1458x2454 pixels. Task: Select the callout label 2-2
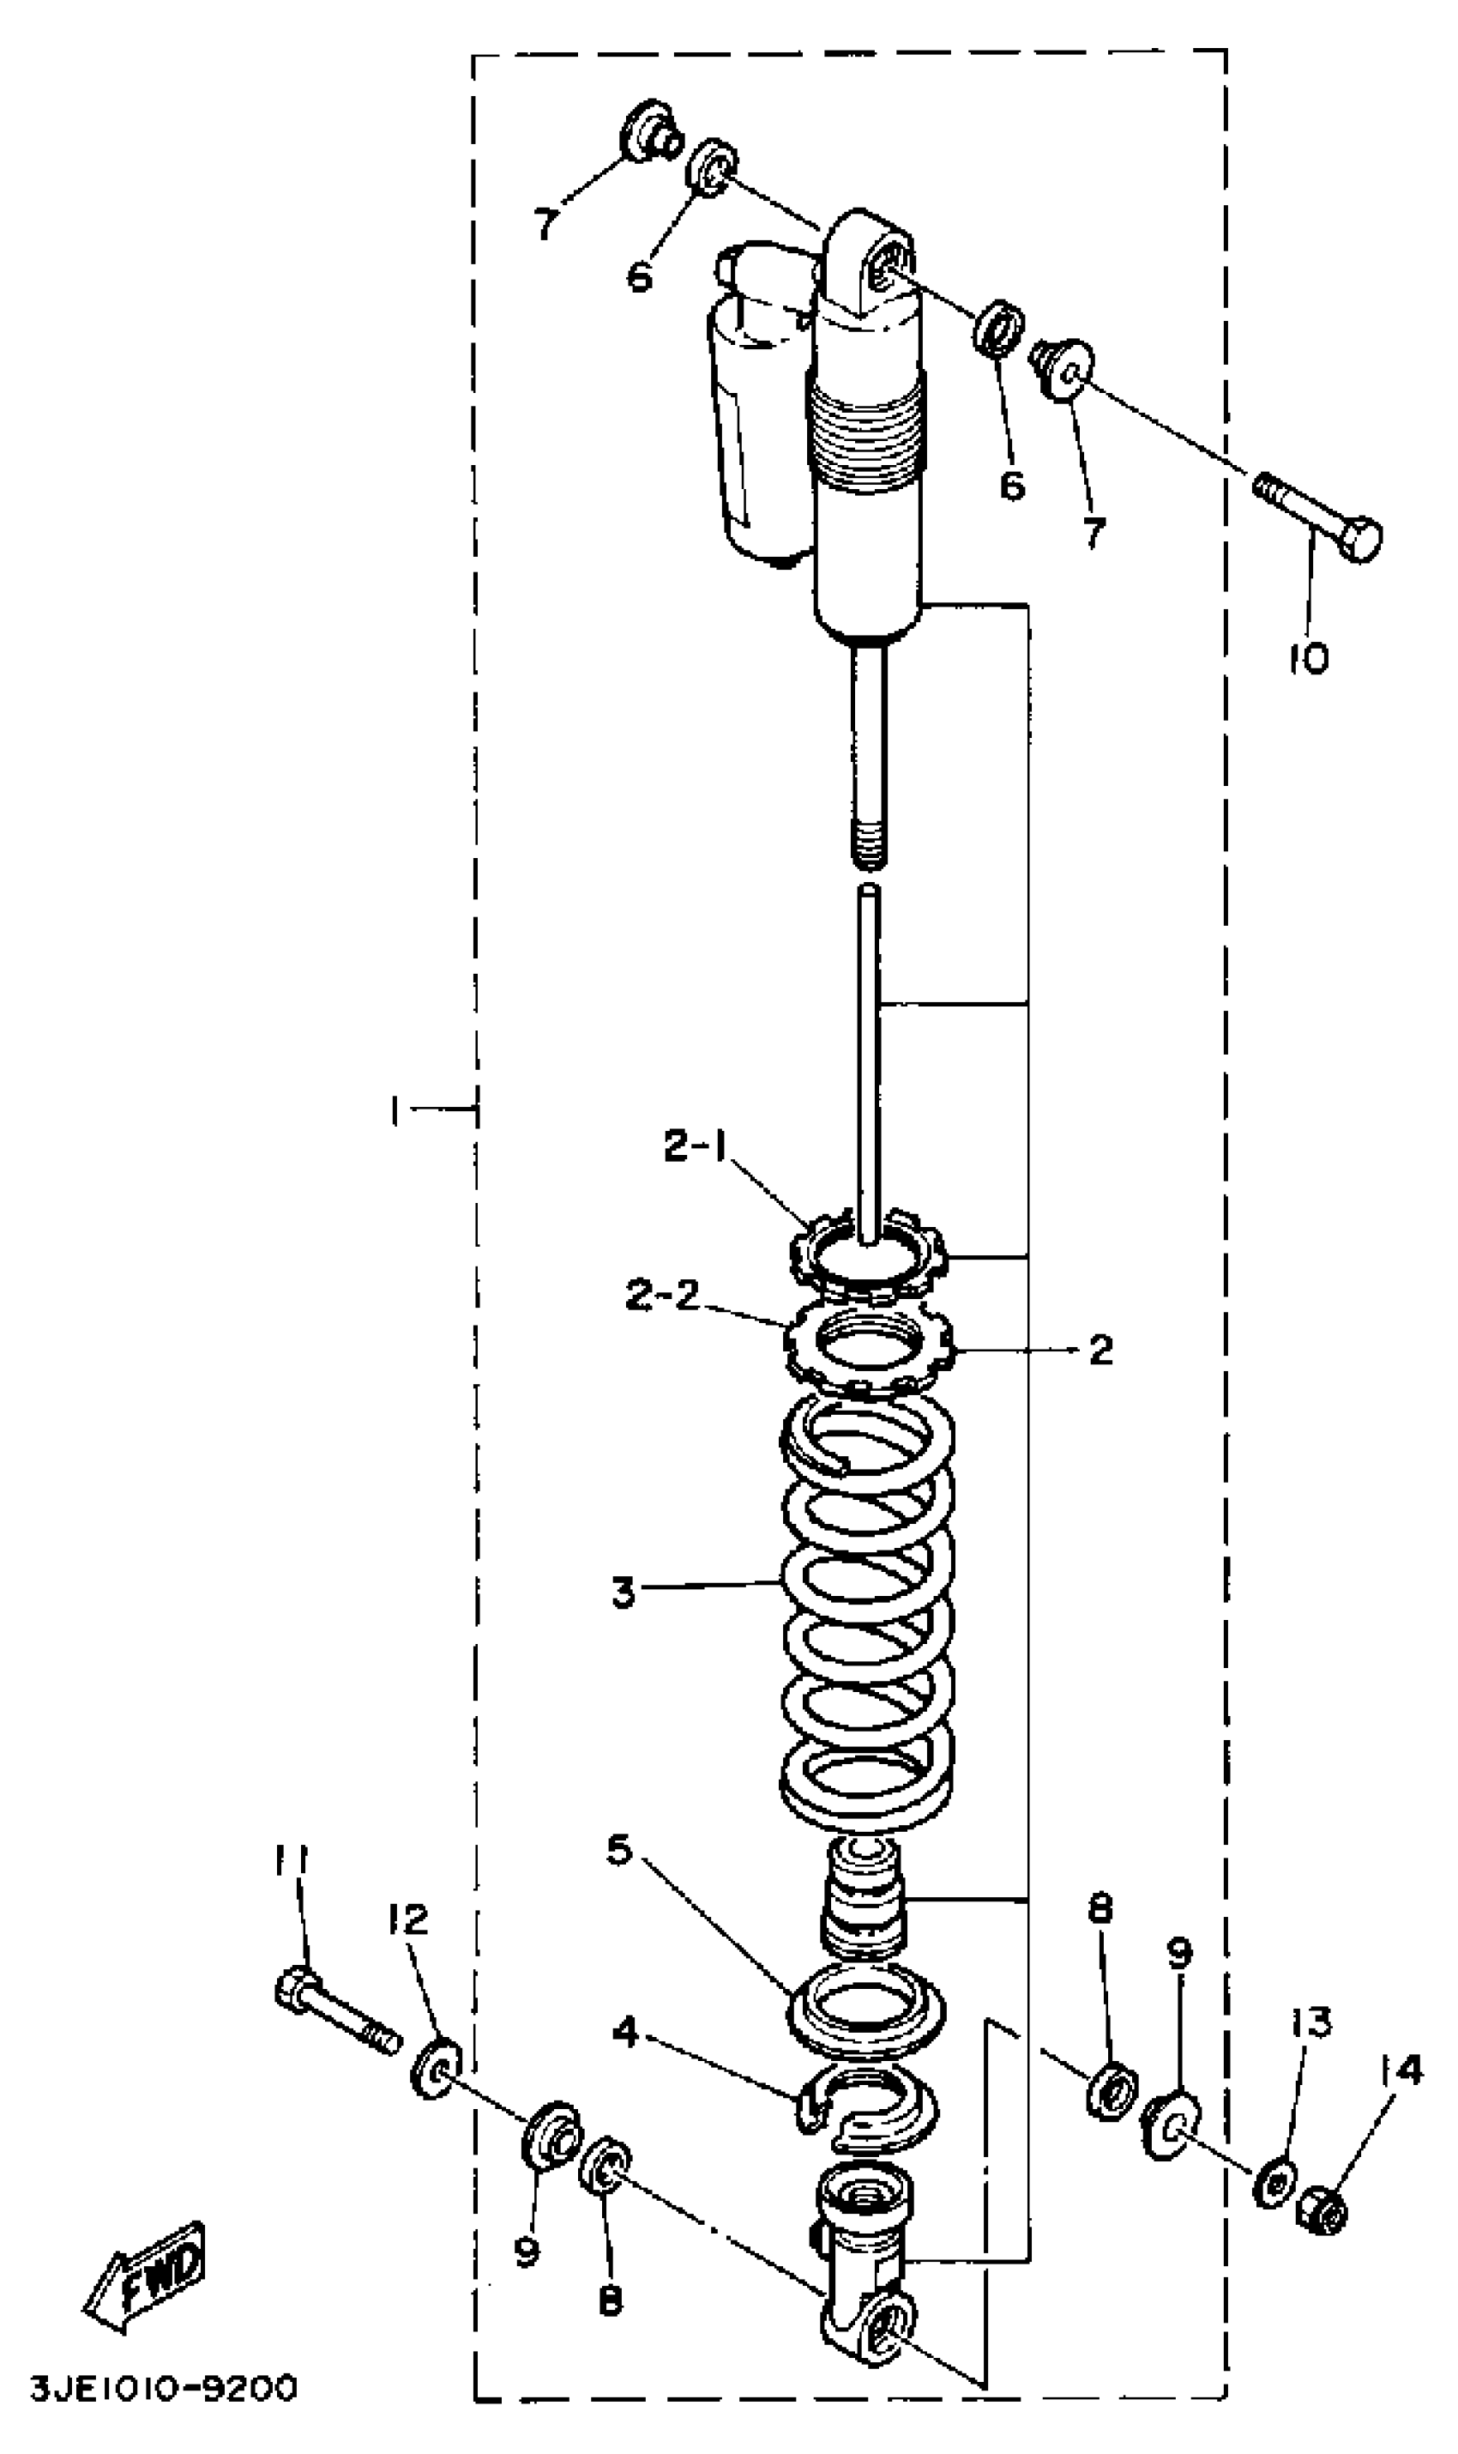click(x=662, y=1294)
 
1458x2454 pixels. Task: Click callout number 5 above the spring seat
click(x=618, y=1850)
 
